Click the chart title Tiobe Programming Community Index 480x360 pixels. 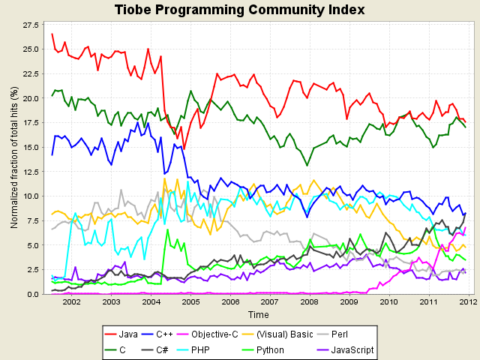coord(239,10)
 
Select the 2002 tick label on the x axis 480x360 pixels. coord(71,302)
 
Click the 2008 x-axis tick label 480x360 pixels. coord(309,302)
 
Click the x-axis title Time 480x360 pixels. coord(259,315)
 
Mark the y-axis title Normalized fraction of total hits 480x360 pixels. coord(13,157)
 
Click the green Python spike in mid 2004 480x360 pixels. coord(168,230)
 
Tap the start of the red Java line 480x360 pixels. coord(52,34)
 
